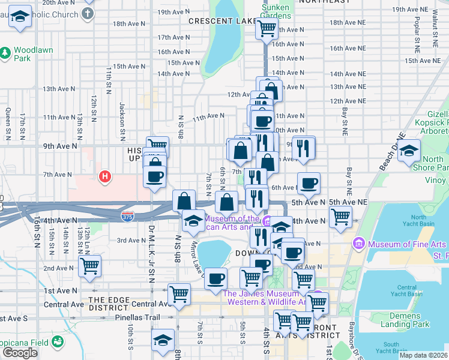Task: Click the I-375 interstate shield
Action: click(x=127, y=214)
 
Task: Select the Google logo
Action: click(x=20, y=353)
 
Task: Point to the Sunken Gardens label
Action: click(x=276, y=11)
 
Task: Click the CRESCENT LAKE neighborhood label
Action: click(x=218, y=21)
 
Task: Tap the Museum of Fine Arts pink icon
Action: click(x=360, y=244)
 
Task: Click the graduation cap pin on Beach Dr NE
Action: click(x=409, y=151)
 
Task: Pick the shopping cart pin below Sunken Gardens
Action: click(x=267, y=28)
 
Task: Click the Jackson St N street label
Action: click(x=122, y=118)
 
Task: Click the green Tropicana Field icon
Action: click(x=58, y=342)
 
